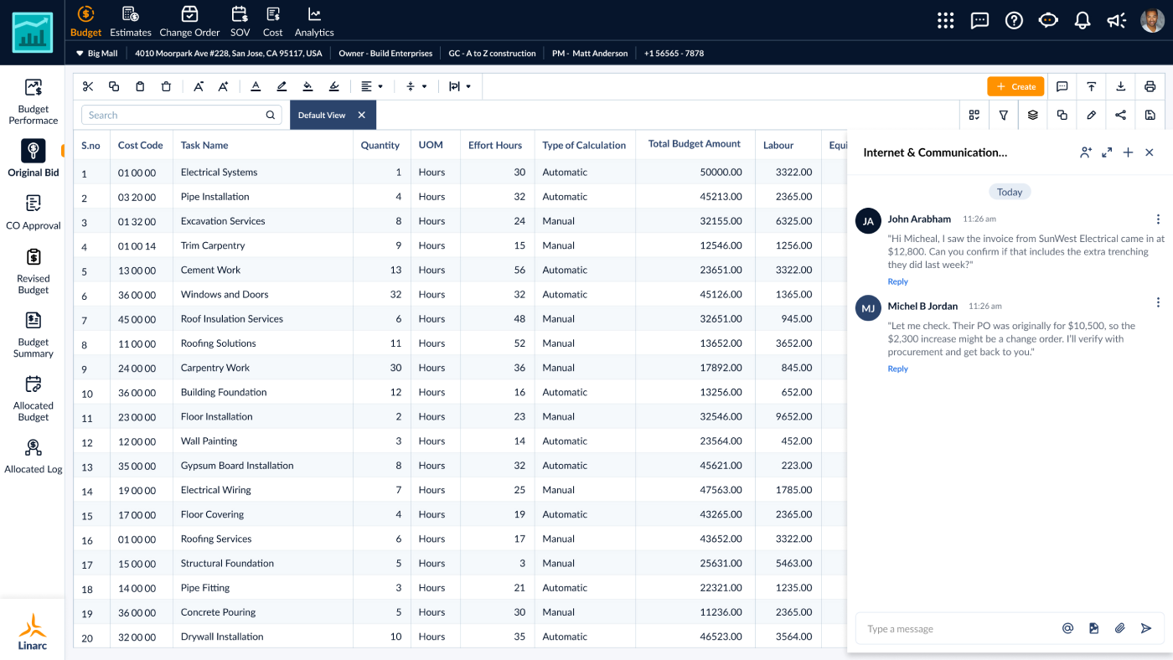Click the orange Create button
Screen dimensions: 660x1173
1015,86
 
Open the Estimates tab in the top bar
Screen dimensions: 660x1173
131,22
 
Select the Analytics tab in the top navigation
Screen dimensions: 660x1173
314,22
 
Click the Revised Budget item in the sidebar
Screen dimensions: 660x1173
34,271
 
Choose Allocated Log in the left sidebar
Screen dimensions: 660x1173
34,456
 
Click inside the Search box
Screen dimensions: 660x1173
176,116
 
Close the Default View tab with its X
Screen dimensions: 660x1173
362,115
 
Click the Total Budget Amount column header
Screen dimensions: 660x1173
694,144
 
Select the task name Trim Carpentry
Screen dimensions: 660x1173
213,245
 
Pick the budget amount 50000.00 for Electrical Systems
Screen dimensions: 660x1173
721,173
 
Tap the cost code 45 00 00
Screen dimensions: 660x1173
137,319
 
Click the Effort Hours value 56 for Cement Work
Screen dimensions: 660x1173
519,270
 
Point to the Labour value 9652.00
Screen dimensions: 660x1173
793,416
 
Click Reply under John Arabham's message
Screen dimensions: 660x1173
897,281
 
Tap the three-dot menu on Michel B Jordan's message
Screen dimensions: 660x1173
1158,302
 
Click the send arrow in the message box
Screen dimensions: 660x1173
1146,628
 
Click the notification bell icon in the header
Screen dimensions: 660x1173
1083,20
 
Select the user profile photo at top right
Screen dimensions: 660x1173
1152,20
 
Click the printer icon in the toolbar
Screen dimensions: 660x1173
1150,86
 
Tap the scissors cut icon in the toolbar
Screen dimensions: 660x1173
88,86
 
